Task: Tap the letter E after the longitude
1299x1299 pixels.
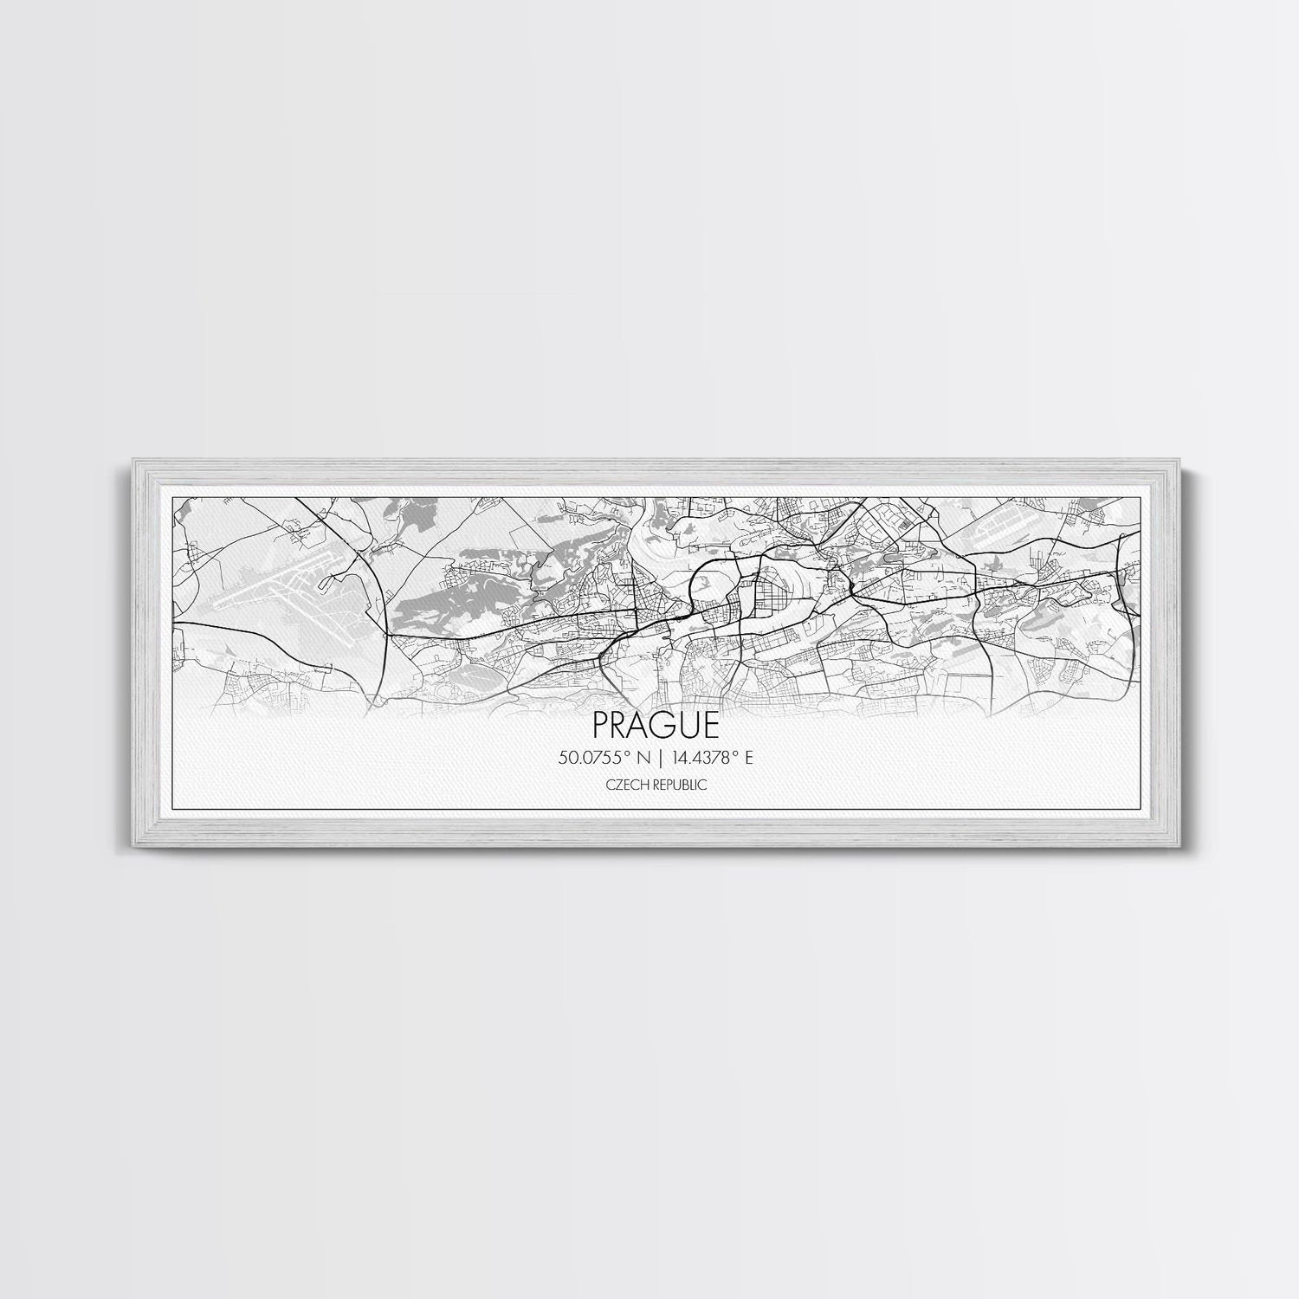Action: click(749, 756)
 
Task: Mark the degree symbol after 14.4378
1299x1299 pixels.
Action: click(736, 752)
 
